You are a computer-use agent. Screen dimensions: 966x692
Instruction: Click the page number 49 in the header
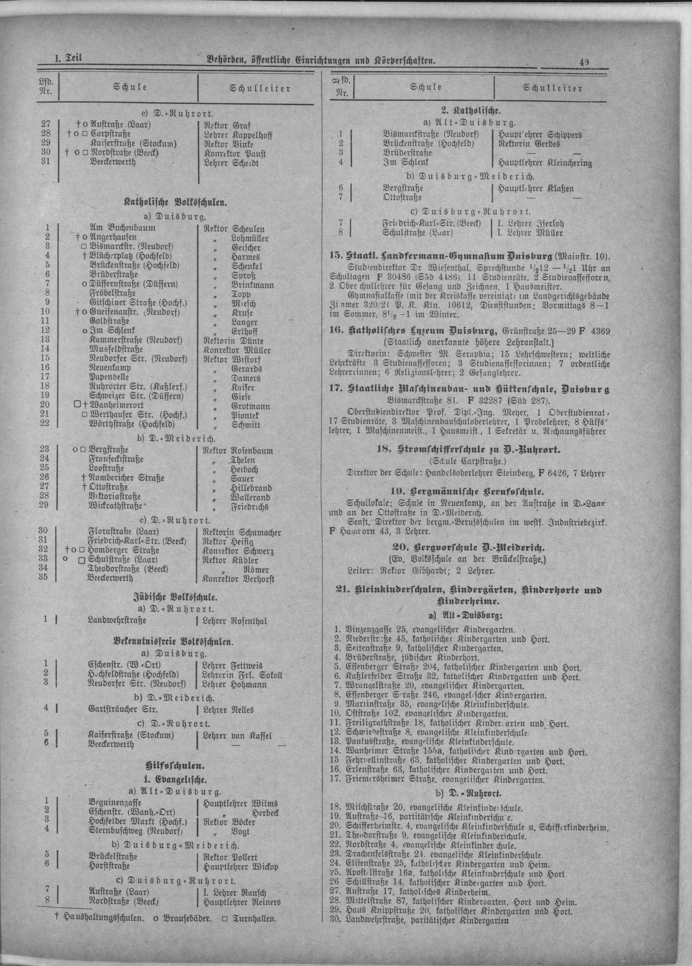(583, 62)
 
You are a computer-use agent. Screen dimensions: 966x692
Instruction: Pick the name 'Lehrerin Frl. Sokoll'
(243, 675)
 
